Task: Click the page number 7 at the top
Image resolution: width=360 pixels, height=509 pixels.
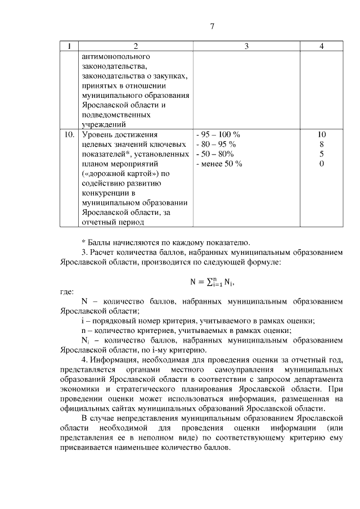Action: tap(212, 26)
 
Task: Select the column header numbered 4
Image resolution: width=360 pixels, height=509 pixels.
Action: tap(321, 46)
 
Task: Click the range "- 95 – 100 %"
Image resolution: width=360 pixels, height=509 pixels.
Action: tap(218, 134)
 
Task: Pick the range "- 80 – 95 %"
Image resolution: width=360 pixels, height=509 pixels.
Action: tap(216, 144)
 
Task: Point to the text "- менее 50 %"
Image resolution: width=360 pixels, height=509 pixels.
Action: tap(219, 164)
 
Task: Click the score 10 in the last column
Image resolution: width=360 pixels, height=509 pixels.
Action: tap(321, 134)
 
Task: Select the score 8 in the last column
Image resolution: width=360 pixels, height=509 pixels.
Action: tap(321, 144)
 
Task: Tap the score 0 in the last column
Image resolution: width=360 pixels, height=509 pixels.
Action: tap(321, 164)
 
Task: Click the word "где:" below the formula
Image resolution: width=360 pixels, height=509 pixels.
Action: tap(67, 292)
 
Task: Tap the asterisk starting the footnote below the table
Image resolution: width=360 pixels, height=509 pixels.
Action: tap(83, 242)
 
